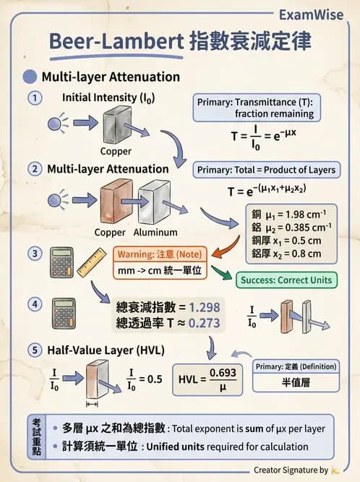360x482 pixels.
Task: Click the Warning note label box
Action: point(160,254)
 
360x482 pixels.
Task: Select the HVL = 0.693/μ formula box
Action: point(208,377)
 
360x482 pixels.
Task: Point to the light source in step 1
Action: point(56,124)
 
